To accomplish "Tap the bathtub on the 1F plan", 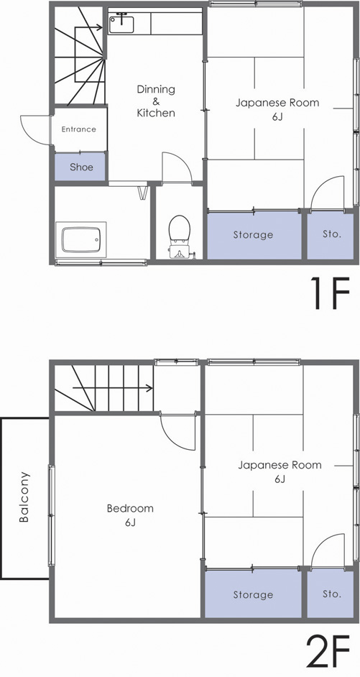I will [x=81, y=239].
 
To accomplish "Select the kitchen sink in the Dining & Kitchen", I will [x=121, y=23].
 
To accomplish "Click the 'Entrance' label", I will [x=78, y=129].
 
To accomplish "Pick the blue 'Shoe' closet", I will [x=80, y=167].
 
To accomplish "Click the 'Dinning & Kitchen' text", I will [x=156, y=101].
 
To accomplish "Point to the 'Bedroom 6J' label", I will [x=129, y=515].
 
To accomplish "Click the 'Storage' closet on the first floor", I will [x=253, y=235].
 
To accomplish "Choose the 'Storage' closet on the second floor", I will [x=253, y=594].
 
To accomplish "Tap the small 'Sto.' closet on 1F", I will [x=331, y=235].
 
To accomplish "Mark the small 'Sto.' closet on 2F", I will [x=331, y=594].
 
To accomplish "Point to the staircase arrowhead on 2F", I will [x=149, y=388].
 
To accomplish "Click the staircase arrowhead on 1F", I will [x=98, y=27].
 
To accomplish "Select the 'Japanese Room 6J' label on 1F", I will [x=277, y=109].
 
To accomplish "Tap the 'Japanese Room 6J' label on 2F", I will [x=280, y=471].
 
